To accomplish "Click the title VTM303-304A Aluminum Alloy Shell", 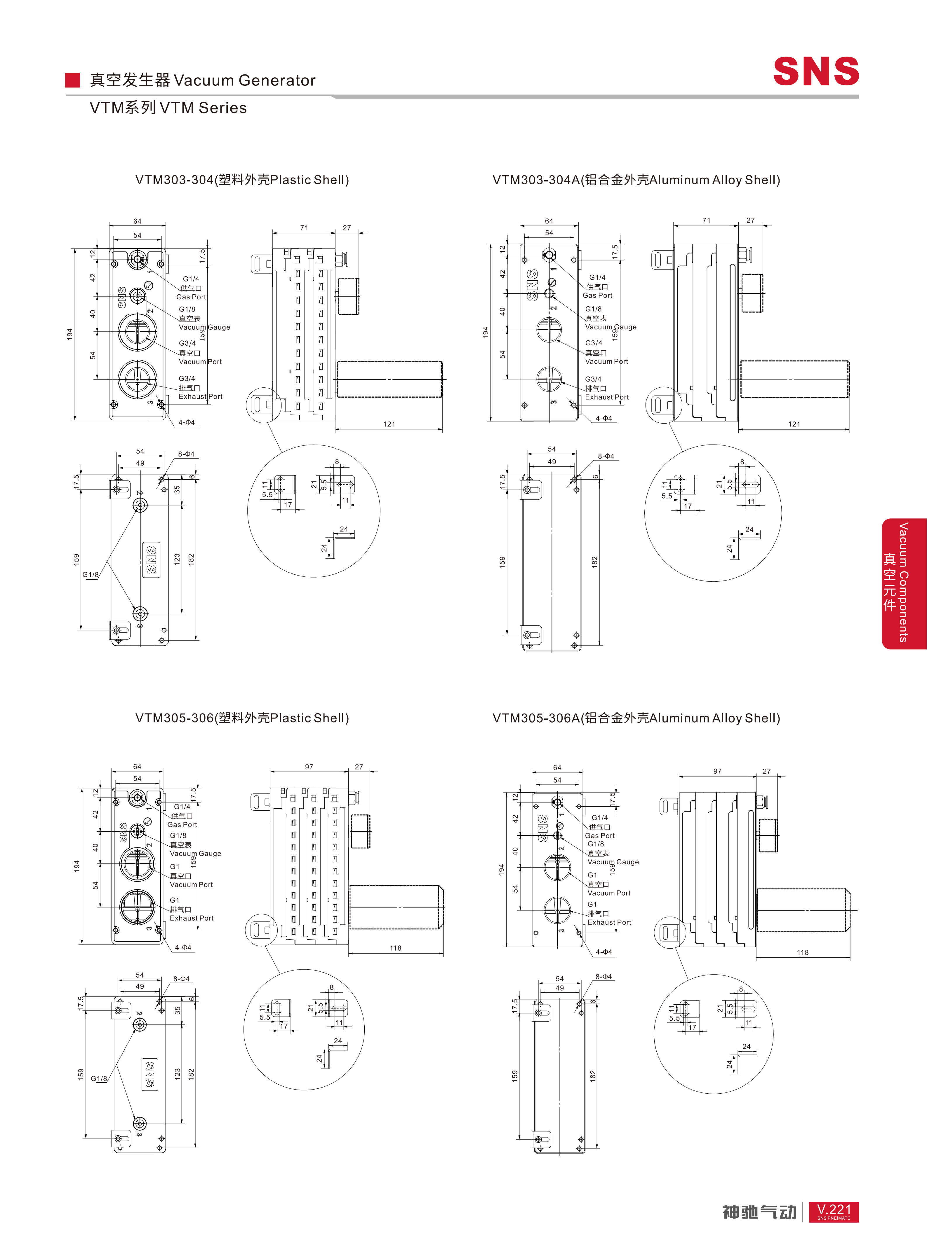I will coord(636,180).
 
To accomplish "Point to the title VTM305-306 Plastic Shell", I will coord(242,718).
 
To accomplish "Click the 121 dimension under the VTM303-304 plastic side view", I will coord(389,424).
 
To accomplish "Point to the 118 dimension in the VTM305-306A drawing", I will coord(802,952).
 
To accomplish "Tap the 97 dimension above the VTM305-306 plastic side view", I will coord(309,767).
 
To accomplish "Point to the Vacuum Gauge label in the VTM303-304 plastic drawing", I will coord(204,327).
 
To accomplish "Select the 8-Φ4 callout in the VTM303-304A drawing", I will coord(606,456).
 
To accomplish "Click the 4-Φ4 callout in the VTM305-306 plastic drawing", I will coord(183,947).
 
